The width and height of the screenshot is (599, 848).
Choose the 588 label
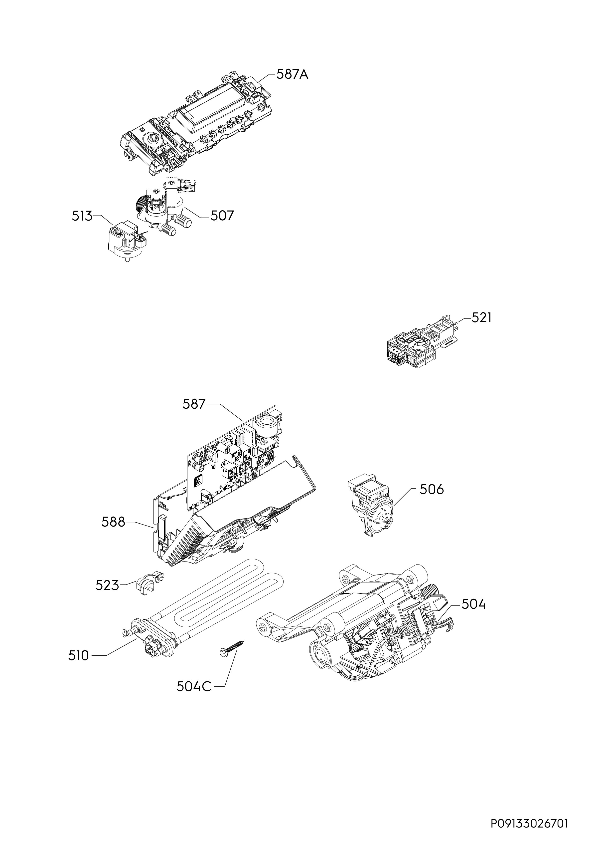pos(113,522)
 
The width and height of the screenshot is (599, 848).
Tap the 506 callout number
pos(432,490)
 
